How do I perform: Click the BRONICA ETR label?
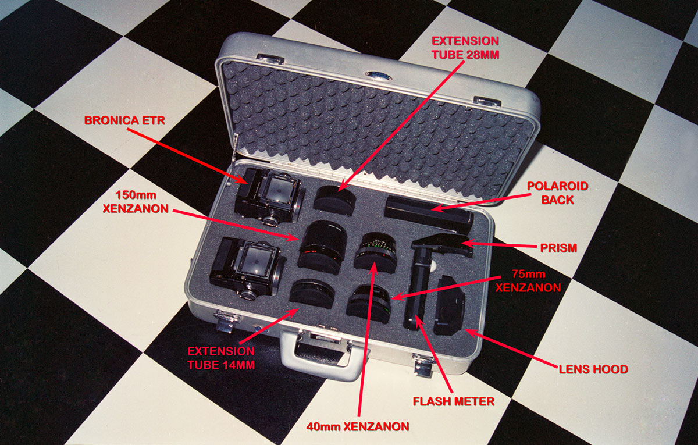point(124,120)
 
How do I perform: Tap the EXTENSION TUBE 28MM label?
point(465,48)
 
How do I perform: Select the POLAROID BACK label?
point(557,193)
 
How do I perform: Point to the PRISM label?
point(558,248)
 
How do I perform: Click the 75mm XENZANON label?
point(528,281)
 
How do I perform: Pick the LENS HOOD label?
point(593,369)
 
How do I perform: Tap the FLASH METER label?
point(454,401)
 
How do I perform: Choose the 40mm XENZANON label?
point(358,426)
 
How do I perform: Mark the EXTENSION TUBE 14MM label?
point(221,358)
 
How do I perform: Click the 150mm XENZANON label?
point(136,202)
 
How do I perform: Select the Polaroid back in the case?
point(429,215)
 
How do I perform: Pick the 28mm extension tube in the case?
point(334,200)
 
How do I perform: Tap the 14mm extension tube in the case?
point(312,294)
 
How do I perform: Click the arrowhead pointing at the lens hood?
point(471,333)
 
